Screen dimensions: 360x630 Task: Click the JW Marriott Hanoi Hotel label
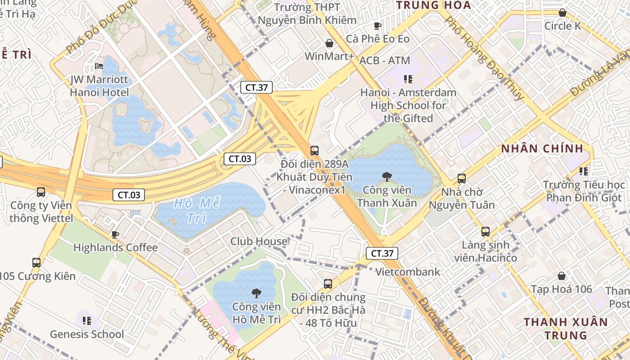[x=99, y=86]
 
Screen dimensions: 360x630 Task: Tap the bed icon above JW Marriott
[x=99, y=66]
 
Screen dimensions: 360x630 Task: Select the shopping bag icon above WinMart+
[x=329, y=43]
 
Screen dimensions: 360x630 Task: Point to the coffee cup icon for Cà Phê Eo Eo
[x=377, y=26]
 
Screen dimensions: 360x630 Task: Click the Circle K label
[x=562, y=26]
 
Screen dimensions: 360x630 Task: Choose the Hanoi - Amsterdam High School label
[x=408, y=105]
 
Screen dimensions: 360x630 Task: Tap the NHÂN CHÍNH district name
[x=542, y=148]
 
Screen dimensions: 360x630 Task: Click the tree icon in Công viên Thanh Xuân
[x=386, y=176]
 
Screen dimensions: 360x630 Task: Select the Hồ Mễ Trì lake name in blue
[x=197, y=210]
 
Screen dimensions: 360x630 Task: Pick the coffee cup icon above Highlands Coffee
[x=115, y=234]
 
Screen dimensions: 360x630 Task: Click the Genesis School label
[x=87, y=334]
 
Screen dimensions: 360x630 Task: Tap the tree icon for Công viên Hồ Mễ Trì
[x=256, y=293]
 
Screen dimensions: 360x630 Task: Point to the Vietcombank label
[x=408, y=272]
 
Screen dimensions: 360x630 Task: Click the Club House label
[x=259, y=242]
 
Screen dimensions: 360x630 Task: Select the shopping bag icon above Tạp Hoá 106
[x=561, y=275]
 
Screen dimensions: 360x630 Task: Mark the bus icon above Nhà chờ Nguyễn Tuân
[x=461, y=179]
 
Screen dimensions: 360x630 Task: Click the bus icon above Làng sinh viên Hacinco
[x=485, y=232]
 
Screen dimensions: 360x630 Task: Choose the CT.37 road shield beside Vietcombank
[x=382, y=253]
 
